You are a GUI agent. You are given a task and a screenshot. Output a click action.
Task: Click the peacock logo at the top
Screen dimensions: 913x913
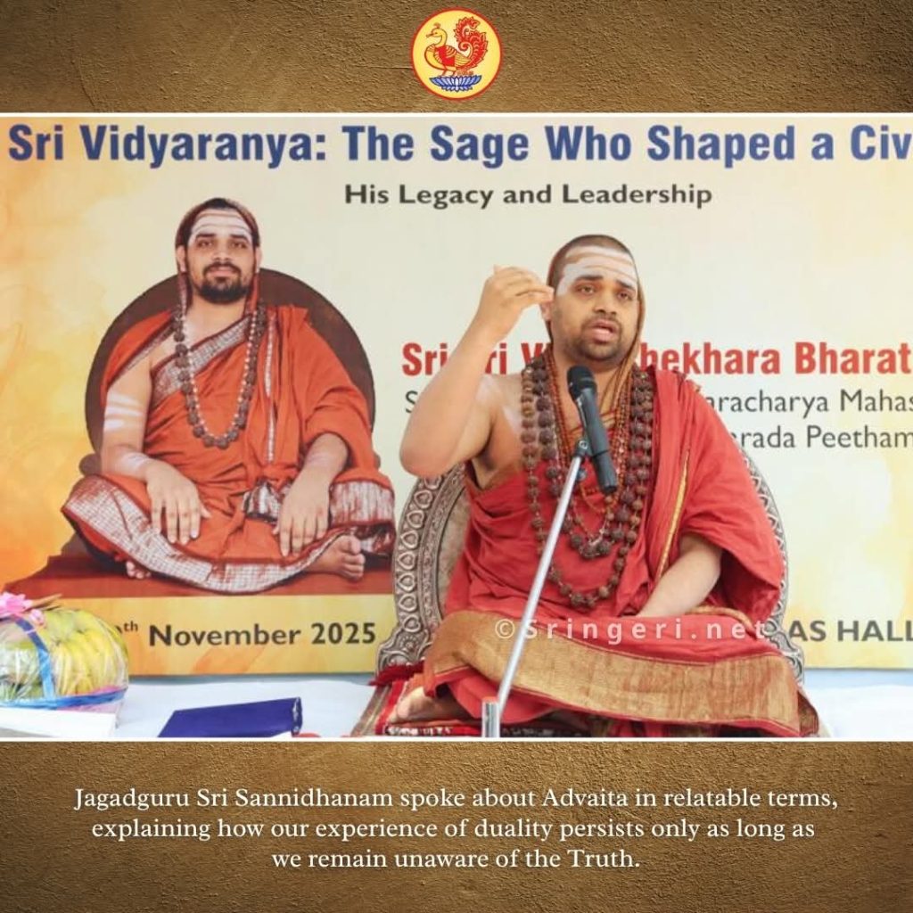(456, 53)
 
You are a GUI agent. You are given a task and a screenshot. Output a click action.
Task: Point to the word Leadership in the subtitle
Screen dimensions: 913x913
(629, 194)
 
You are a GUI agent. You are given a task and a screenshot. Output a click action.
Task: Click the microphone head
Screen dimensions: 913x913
(581, 383)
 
